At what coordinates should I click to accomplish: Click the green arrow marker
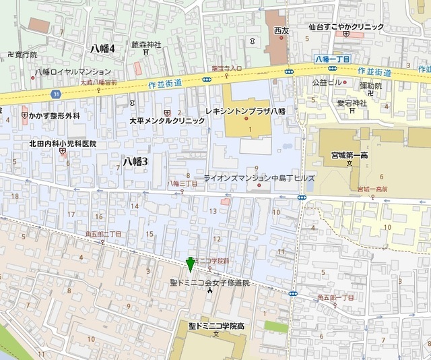191,265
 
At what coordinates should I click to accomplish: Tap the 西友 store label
281,31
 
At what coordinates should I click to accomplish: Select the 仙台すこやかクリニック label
345,26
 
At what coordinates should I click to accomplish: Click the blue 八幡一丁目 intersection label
332,59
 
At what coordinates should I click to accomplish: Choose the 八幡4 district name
106,48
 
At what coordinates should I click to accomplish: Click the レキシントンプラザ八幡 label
251,109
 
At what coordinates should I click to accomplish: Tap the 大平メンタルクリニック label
167,121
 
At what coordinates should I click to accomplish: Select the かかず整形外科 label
55,116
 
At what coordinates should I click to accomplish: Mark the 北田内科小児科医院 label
63,144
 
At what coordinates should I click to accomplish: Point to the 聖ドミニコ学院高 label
216,326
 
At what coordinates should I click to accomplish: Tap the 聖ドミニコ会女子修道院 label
209,282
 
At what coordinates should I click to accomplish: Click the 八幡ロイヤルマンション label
73,71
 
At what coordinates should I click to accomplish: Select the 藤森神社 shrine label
146,44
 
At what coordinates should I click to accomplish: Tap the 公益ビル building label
328,82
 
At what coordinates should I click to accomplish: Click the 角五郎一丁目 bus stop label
335,297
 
